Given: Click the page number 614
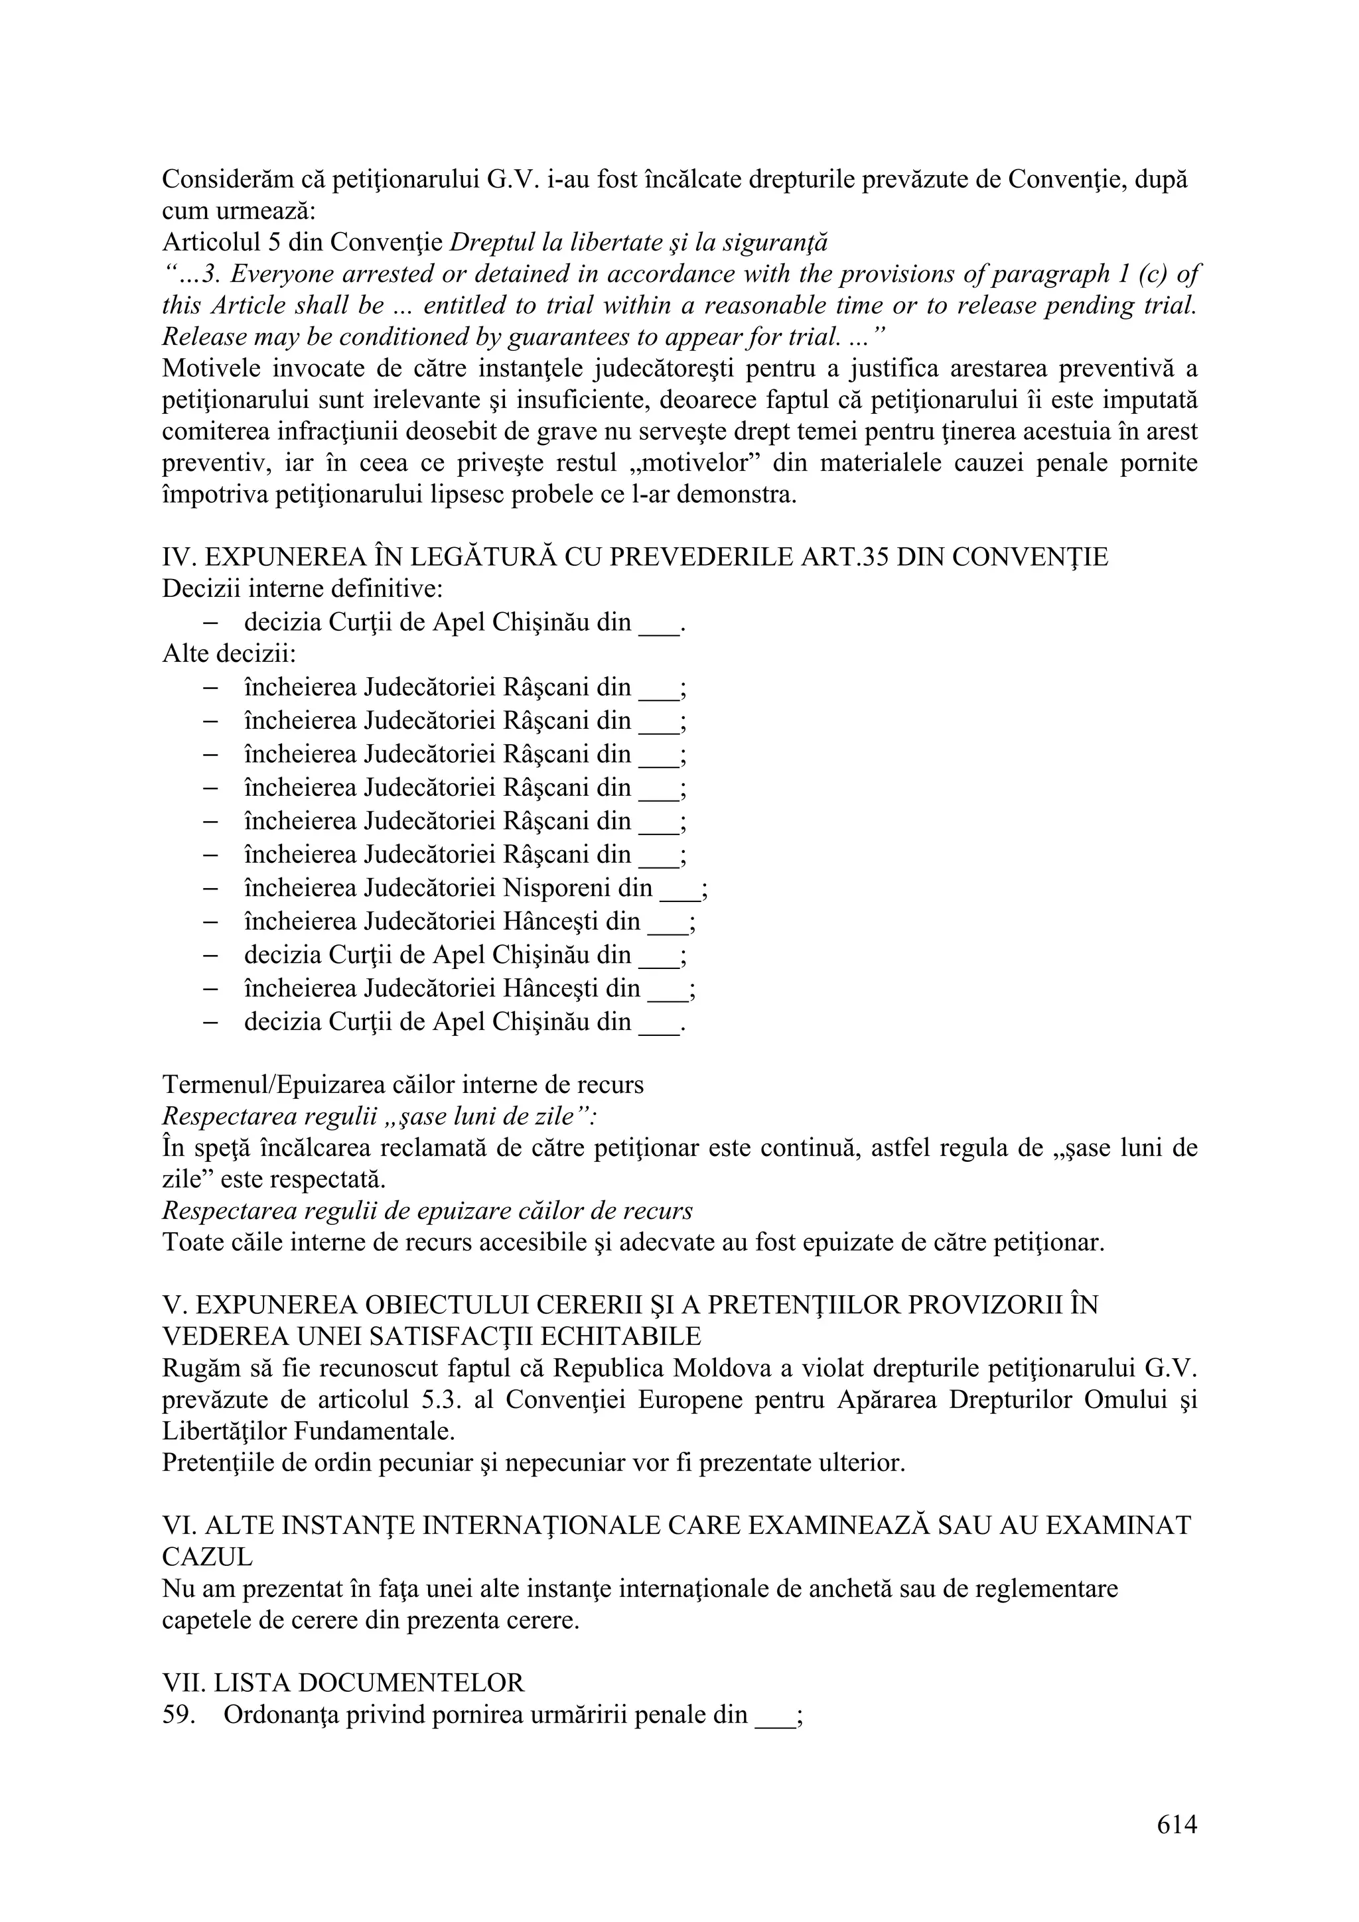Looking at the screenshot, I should click(1177, 1824).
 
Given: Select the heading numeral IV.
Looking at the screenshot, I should click(176, 558).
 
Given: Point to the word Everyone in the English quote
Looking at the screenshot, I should click(284, 274).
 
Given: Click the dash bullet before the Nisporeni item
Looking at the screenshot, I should click(211, 888).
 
